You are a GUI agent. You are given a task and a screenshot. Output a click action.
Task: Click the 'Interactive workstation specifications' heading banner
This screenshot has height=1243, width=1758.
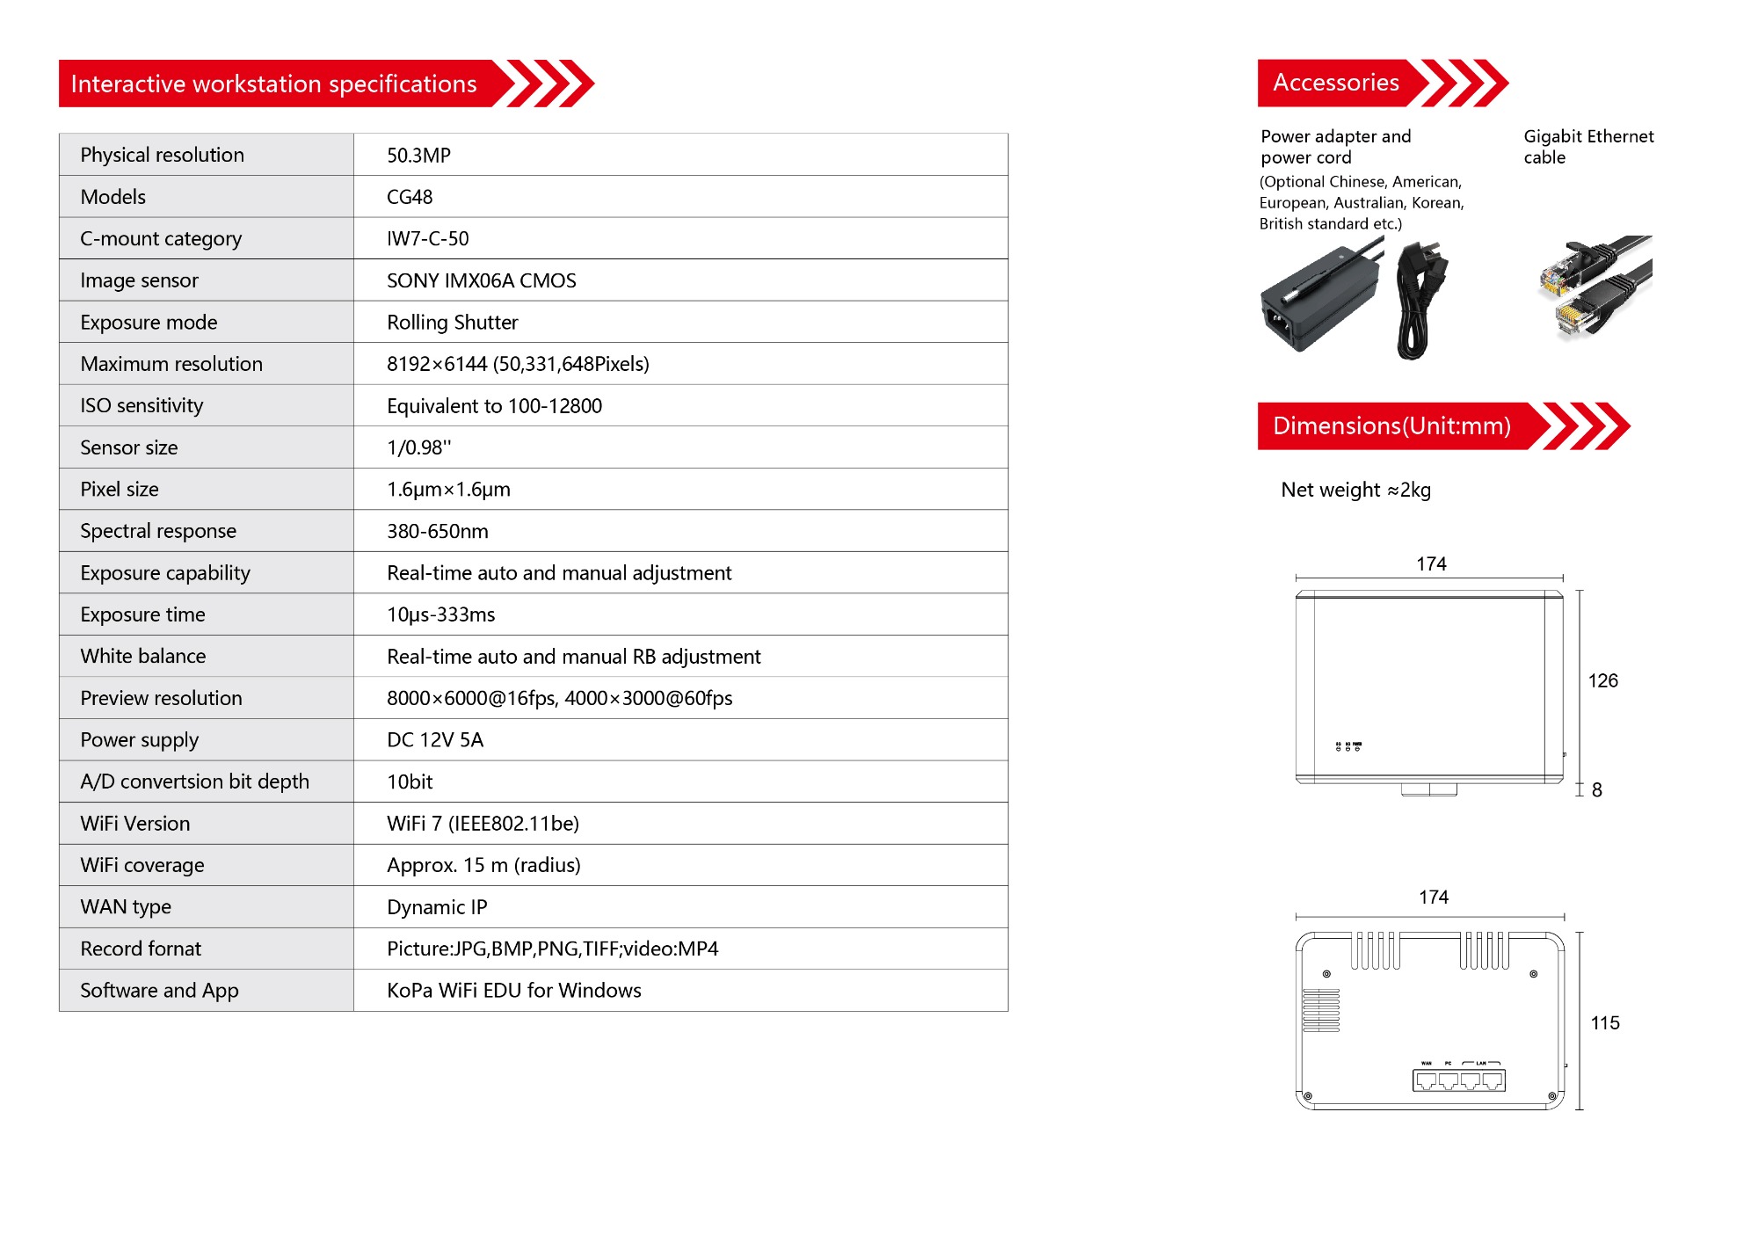coord(274,84)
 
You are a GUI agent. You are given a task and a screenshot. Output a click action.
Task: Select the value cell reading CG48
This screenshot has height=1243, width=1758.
coord(410,197)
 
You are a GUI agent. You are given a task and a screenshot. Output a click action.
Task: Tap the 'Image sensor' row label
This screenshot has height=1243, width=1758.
coord(139,280)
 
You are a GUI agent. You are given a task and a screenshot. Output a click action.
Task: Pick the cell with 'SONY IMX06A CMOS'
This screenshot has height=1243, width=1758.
coord(481,280)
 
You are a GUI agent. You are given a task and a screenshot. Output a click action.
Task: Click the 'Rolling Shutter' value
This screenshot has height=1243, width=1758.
coord(452,323)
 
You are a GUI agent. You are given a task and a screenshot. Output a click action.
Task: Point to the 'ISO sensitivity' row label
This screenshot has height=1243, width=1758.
coord(142,405)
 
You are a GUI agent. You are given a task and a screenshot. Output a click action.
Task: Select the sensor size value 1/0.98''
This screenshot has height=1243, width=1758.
coord(418,447)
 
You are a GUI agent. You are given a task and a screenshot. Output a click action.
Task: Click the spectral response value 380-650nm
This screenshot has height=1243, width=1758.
coord(437,531)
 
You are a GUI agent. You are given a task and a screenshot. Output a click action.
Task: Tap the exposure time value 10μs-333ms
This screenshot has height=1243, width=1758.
coord(440,614)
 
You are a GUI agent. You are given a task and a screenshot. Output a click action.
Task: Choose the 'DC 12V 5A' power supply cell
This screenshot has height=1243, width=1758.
coord(435,740)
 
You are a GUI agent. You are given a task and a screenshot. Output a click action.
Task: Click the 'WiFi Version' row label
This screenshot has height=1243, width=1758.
coord(134,824)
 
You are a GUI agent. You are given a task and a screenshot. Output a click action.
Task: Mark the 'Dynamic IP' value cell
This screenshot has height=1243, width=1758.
coord(437,907)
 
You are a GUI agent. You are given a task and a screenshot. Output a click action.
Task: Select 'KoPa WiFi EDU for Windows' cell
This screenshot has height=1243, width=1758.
coord(513,991)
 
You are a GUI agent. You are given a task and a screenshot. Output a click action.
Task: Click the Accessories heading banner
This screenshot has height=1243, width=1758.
coord(1336,83)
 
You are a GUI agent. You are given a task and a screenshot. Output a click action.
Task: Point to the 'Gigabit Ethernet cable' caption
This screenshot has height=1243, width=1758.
coord(1587,147)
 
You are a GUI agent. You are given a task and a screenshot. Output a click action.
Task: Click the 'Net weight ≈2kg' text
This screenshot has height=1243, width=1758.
coord(1355,490)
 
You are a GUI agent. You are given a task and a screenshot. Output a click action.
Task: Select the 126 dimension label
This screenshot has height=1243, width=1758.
coord(1602,680)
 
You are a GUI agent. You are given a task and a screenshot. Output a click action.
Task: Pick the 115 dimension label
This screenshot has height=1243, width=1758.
coord(1604,1023)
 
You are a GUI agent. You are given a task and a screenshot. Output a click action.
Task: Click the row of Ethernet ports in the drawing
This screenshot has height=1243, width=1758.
coord(1458,1080)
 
